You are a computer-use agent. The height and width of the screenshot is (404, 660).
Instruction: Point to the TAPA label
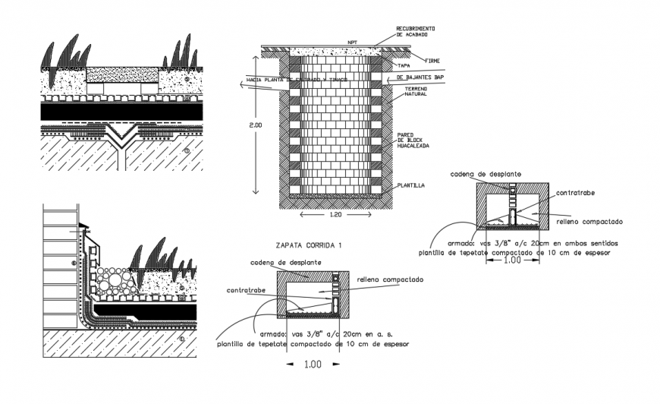[x=404, y=66]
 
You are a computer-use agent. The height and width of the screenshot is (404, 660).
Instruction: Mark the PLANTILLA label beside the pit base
[x=410, y=185]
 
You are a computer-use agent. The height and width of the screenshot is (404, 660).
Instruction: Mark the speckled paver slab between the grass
[x=121, y=74]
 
